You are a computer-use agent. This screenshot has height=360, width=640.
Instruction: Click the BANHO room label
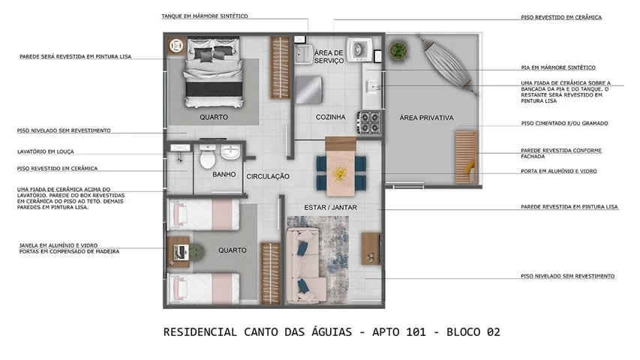[x=224, y=174]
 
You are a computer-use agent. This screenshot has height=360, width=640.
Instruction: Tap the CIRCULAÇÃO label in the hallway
[x=268, y=176]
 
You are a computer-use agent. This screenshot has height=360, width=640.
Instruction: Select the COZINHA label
[x=330, y=117]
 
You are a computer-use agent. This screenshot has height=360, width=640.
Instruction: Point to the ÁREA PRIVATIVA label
[x=426, y=118]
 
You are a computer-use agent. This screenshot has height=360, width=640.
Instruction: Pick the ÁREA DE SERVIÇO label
[x=329, y=56]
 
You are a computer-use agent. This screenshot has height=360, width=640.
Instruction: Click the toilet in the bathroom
[x=207, y=157]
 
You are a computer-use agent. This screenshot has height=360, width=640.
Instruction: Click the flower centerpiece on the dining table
[x=341, y=172]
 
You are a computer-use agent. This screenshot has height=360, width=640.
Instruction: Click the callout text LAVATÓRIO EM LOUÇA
[x=46, y=151]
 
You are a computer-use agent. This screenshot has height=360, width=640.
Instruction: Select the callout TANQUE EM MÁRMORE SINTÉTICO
[x=204, y=16]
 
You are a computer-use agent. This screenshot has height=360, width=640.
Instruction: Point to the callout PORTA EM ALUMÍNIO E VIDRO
[x=558, y=171]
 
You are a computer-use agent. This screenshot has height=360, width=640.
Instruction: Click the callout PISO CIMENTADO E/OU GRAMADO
[x=563, y=123]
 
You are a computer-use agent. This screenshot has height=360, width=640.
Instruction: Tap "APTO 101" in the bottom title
[x=403, y=332]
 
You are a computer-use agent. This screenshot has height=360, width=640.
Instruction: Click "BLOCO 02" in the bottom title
[x=470, y=332]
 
